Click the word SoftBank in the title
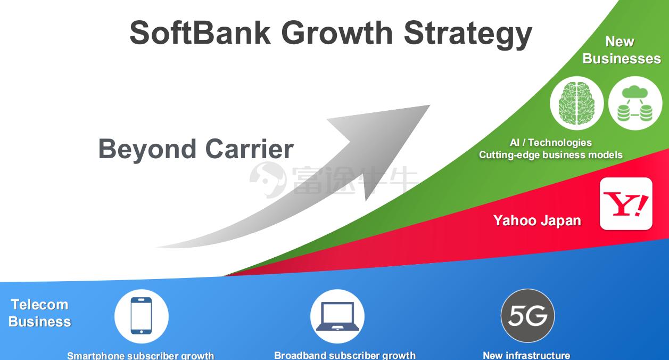[x=200, y=33]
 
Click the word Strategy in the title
[x=468, y=35]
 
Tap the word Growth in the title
[x=337, y=33]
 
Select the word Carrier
[x=250, y=149]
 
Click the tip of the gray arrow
[x=430, y=105]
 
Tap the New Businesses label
[x=622, y=50]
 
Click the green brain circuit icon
[x=576, y=103]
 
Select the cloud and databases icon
[x=635, y=103]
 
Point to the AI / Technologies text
[x=551, y=143]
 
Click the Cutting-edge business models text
[x=551, y=155]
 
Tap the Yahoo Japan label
[x=537, y=221]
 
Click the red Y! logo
[x=626, y=204]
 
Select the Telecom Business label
[x=40, y=313]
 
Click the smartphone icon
[x=141, y=316]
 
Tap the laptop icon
[x=337, y=316]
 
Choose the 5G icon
[x=527, y=316]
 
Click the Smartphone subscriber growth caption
[x=141, y=356]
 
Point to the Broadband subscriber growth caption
[x=345, y=355]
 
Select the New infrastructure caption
[x=526, y=355]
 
